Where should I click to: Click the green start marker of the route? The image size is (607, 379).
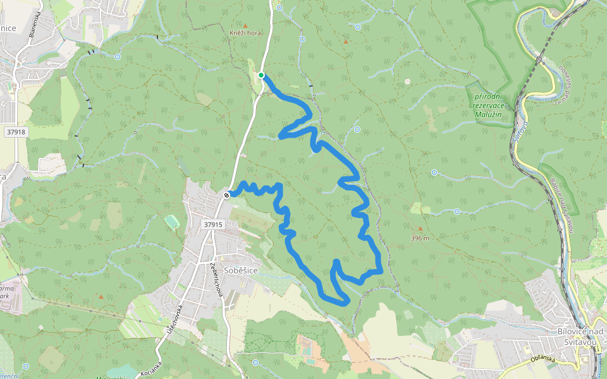tap(261, 76)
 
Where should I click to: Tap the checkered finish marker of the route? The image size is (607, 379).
tap(226, 195)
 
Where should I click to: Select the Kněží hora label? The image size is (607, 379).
tap(245, 33)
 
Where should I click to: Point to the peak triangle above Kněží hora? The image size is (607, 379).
tap(245, 25)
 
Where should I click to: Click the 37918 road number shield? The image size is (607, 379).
tap(15, 132)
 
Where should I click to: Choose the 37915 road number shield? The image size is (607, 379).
tap(214, 224)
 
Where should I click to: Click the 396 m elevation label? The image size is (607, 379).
tap(419, 238)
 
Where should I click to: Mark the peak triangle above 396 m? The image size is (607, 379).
tap(419, 229)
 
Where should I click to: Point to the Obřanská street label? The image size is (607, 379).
tap(542, 359)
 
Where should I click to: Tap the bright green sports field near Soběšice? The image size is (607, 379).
tap(172, 221)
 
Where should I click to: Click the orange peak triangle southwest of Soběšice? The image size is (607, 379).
tap(101, 296)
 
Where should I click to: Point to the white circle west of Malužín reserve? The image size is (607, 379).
tap(408, 81)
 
